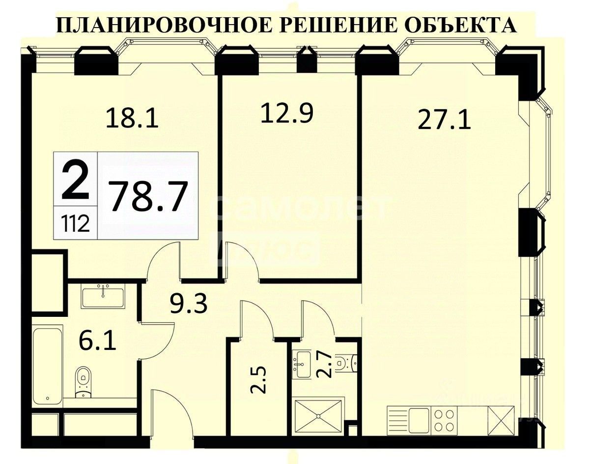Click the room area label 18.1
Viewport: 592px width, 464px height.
pyautogui.click(x=133, y=119)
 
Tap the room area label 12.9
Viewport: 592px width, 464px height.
pyautogui.click(x=286, y=114)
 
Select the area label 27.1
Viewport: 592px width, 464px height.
pyautogui.click(x=444, y=120)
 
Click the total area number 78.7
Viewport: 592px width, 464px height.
pyautogui.click(x=148, y=196)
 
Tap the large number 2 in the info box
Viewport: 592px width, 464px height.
pyautogui.click(x=76, y=181)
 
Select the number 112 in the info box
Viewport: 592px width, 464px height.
pyautogui.click(x=76, y=224)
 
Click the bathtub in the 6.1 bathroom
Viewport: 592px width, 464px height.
pyautogui.click(x=47, y=365)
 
